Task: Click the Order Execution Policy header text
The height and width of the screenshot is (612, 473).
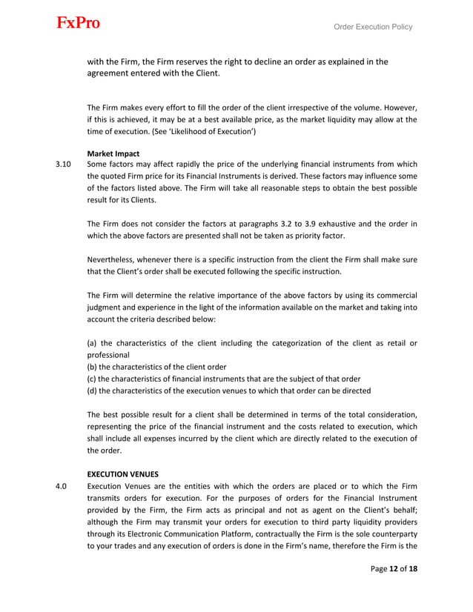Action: [373, 27]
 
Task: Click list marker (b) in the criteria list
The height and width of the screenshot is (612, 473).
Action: [92, 367]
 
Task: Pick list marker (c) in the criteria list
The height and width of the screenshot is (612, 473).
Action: [92, 379]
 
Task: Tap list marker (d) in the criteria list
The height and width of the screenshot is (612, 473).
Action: [92, 390]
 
